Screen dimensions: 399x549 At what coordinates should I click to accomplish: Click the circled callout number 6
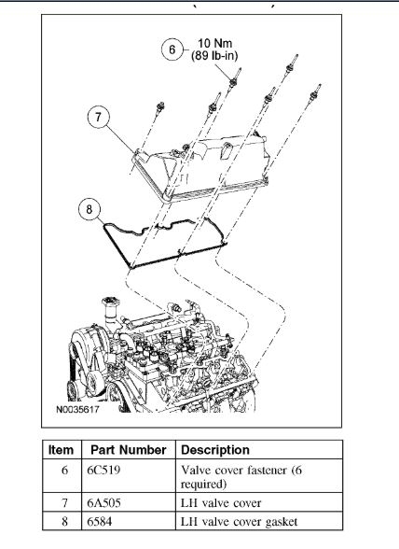pos(172,49)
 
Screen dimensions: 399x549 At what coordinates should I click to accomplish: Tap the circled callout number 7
pos(98,117)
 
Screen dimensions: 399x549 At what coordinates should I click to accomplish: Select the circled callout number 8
pos(89,209)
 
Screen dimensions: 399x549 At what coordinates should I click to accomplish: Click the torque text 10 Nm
pos(214,43)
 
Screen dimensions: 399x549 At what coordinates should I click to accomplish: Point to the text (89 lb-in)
pos(214,56)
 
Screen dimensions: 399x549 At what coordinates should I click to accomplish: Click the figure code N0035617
pos(77,409)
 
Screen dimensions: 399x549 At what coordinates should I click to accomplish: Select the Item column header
pos(61,450)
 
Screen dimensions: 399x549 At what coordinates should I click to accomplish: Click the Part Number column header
pos(129,450)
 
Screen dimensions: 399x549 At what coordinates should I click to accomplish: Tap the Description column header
pos(215,450)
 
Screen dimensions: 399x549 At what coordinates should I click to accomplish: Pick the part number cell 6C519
pos(103,470)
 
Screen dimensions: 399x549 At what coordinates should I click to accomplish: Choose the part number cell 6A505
pos(103,503)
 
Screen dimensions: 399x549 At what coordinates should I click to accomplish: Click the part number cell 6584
pos(100,522)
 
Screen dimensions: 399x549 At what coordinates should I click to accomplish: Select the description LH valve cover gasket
pos(239,522)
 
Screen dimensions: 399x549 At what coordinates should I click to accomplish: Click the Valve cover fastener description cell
pos(241,476)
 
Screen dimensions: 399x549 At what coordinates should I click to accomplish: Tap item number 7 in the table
pos(64,503)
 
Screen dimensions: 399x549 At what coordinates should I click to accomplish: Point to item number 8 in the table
pos(64,522)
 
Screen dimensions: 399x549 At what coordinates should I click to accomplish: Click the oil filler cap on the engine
pos(111,302)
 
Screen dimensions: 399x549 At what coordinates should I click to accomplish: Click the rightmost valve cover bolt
pos(315,92)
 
